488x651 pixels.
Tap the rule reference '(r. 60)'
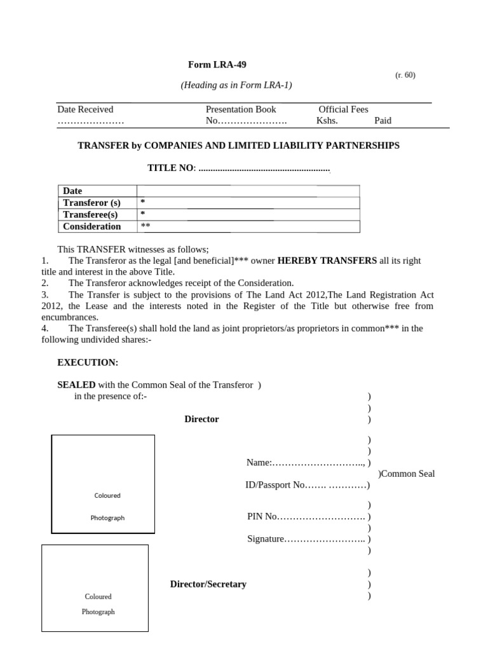pos(405,75)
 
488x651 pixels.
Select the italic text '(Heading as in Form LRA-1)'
pos(236,85)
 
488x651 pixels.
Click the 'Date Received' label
pos(85,109)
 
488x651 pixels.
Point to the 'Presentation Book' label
pos(241,109)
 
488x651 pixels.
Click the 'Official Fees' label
pos(343,109)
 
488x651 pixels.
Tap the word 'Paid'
pos(383,121)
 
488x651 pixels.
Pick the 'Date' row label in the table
pos(72,191)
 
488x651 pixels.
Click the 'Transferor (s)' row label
pos(91,203)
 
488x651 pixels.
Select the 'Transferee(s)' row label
pos(90,215)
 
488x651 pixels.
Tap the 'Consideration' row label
pos(91,226)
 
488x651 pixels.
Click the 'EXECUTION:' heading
pos(88,362)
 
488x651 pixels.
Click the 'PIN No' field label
pos(262,516)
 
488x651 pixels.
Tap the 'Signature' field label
pos(266,539)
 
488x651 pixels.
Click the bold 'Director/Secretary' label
pos(208,584)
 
